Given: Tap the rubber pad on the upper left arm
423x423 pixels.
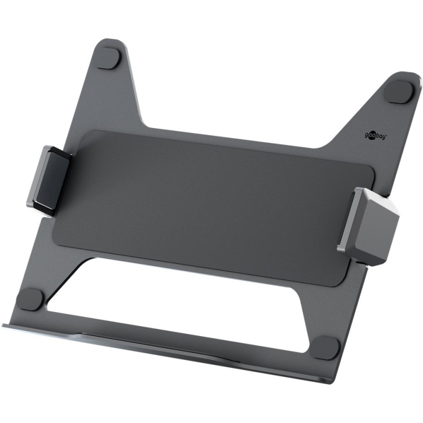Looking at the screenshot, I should click(x=109, y=58).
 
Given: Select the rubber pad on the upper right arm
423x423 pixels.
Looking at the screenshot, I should click(x=399, y=91).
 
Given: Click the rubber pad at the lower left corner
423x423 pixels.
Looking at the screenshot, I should click(x=29, y=298).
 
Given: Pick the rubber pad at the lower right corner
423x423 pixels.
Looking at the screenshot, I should click(x=326, y=347).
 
